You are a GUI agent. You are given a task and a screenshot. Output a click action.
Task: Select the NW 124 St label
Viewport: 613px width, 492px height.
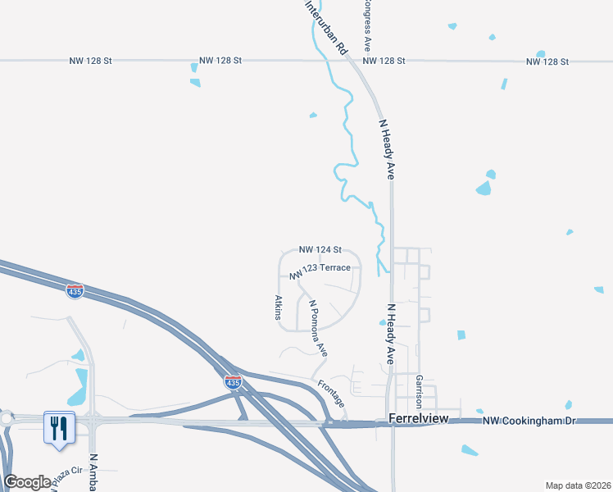tap(320, 249)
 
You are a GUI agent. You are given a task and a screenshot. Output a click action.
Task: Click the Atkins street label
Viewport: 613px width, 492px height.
tap(279, 307)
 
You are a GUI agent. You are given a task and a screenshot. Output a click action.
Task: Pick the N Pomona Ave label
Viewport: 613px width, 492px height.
tap(318, 327)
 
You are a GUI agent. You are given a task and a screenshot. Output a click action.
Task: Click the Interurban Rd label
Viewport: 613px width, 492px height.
tap(326, 27)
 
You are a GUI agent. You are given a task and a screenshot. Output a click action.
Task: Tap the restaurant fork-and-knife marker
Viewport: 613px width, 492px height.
tap(59, 427)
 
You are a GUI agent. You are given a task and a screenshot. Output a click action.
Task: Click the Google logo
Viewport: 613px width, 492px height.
tap(27, 482)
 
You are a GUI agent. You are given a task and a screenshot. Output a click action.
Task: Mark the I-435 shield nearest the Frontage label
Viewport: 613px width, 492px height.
tap(234, 382)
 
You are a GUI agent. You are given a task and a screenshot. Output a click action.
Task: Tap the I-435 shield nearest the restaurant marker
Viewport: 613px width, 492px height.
tap(75, 291)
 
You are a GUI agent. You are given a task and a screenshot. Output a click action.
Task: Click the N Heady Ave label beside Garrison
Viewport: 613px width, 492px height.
tap(391, 334)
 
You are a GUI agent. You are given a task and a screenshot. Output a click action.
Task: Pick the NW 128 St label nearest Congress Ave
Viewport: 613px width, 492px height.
tap(384, 61)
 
